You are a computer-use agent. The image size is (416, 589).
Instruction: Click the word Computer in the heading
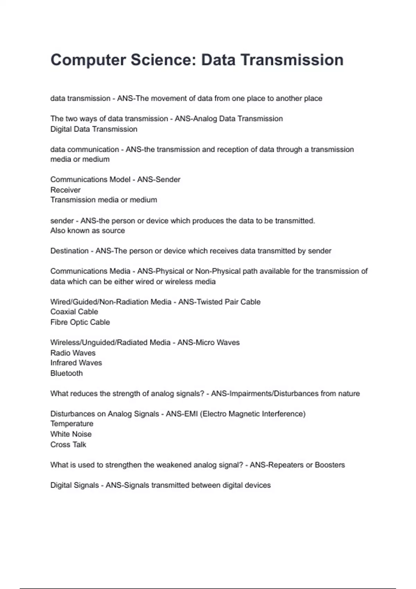88,60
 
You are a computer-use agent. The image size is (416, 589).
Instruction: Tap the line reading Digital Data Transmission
94,129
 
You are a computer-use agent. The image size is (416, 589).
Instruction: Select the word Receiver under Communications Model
65,190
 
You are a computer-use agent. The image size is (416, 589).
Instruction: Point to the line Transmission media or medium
103,200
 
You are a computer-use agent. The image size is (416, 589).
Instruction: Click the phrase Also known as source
87,231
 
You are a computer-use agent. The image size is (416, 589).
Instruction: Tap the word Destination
69,251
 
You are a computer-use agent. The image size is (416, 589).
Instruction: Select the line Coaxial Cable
74,312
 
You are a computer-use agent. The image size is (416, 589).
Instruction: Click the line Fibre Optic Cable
80,322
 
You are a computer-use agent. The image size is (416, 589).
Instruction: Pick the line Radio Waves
73,353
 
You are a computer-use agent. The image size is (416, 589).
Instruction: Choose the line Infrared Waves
76,363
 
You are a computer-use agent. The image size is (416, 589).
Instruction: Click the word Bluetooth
67,373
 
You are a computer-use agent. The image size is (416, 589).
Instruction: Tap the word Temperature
72,424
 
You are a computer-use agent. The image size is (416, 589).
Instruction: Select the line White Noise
71,434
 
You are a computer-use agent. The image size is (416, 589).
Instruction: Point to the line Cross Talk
68,445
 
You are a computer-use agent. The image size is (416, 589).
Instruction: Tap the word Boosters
330,465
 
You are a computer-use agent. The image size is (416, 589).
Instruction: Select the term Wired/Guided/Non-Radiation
98,302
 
